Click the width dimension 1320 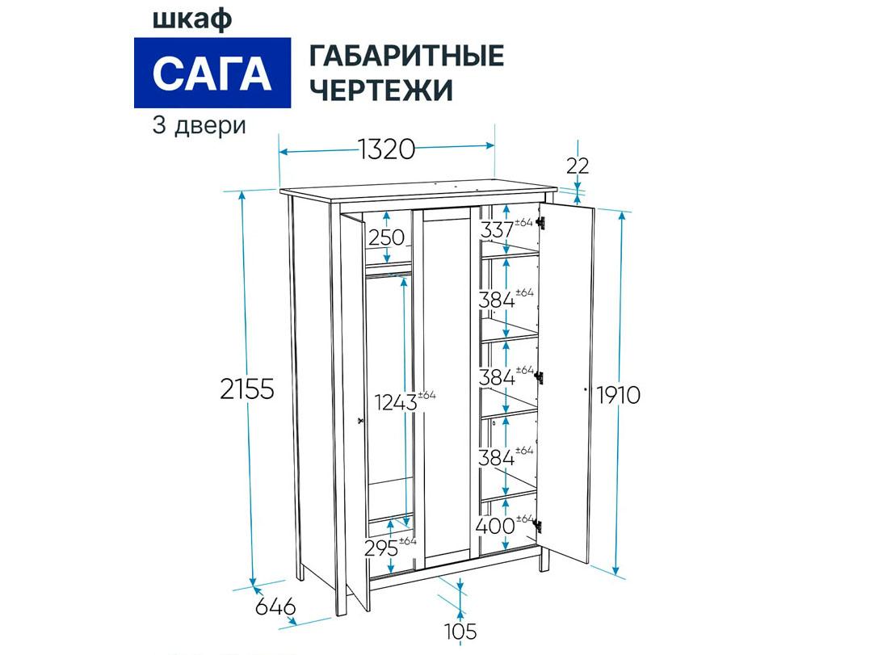coord(386,149)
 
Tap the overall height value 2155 coord(247,389)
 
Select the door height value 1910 coord(619,395)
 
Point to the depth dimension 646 coord(275,607)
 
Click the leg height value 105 coord(461,632)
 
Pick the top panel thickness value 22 coord(578,166)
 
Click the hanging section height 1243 coord(396,402)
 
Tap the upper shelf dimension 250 coord(386,237)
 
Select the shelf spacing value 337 coord(498,229)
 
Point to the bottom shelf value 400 coord(496,526)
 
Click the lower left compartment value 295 coord(381,548)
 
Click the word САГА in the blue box coord(212,73)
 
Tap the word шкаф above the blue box coord(192,19)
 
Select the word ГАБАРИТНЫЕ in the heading coord(407,57)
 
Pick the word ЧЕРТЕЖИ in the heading coord(380,90)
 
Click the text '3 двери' coord(199,126)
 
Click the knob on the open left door coord(359,420)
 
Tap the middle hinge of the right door coord(539,376)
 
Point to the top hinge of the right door coord(540,223)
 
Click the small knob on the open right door coord(586,389)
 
